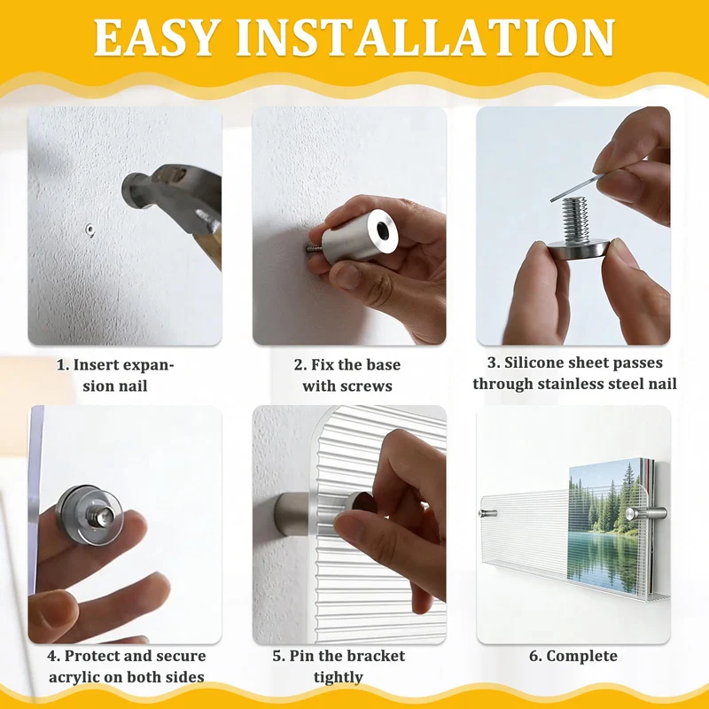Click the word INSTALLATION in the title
pos(425,38)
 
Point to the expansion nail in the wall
pos(90,230)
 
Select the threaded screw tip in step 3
pos(574,221)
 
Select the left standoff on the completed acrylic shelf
pos(487,513)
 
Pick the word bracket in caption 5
pos(380,656)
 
